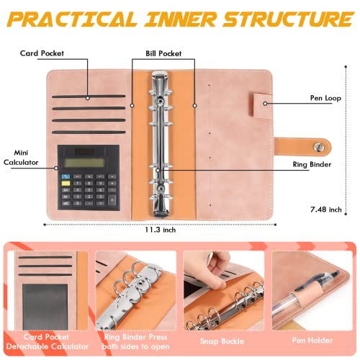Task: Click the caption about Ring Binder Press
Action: [x=138, y=343]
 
